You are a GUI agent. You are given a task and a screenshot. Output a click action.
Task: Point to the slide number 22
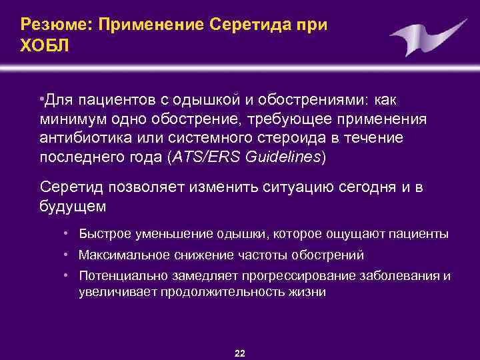pos(240,353)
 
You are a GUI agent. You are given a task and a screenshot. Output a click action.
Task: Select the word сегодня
pos(353,187)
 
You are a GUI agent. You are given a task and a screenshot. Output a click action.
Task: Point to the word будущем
pos(73,206)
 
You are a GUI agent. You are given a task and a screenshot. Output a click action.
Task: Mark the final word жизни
pos(308,291)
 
